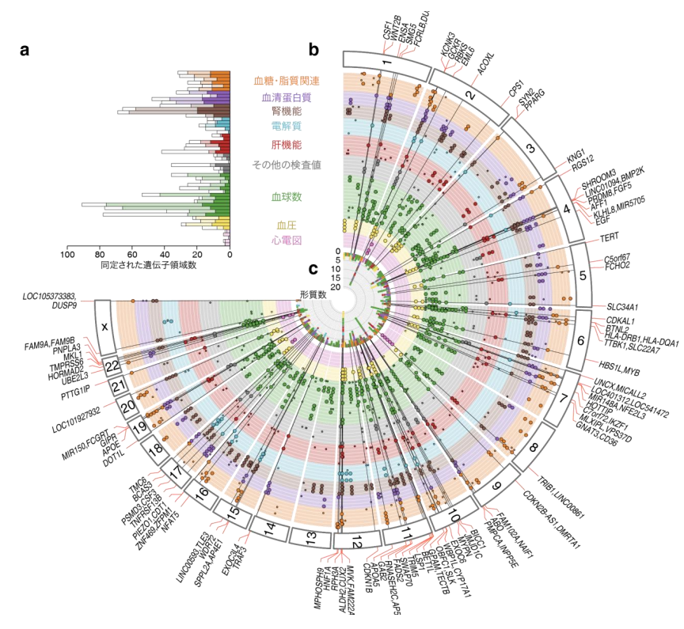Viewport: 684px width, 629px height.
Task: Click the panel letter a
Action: click(25, 51)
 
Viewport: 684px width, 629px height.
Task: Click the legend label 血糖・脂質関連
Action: click(286, 81)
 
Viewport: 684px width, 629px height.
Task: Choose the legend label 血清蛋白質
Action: click(286, 98)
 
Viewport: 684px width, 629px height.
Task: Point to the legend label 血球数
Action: click(286, 195)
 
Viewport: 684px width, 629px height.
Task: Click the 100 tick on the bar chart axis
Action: click(67, 255)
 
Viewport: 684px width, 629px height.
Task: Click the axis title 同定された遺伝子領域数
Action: click(148, 266)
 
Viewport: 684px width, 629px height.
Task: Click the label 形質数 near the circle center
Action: click(313, 294)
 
